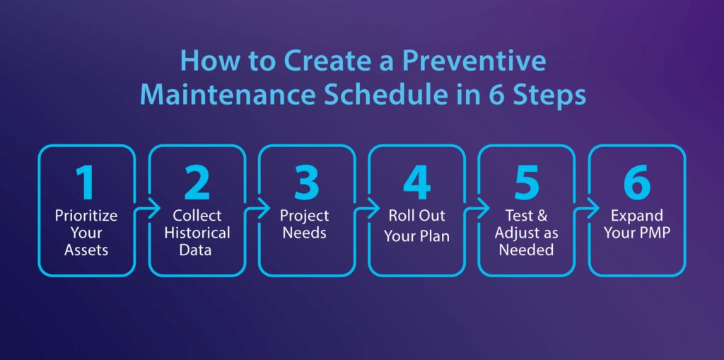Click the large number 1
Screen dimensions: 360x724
[86, 182]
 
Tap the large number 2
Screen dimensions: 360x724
[197, 182]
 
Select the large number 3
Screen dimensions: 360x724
[306, 182]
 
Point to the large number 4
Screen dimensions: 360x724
[417, 182]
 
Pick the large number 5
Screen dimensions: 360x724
[526, 182]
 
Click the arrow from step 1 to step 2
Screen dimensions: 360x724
[149, 209]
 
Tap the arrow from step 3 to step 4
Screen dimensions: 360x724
[370, 209]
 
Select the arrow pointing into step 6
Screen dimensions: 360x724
[589, 209]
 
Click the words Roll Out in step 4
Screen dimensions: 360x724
[416, 216]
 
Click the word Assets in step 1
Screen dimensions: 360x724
[86, 250]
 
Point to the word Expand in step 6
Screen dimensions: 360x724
[637, 215]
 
